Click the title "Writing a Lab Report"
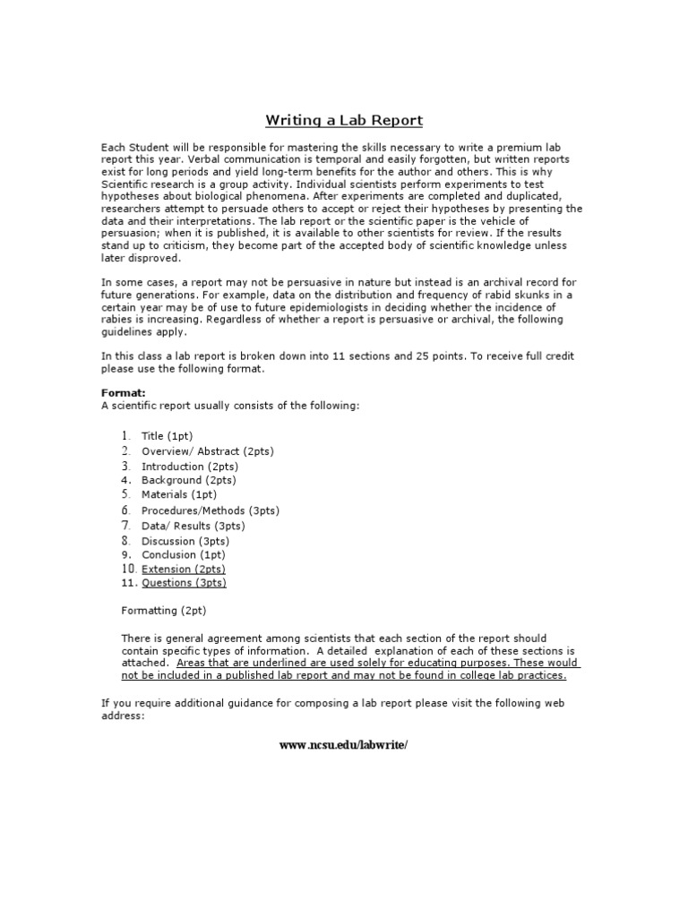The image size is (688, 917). pos(343,120)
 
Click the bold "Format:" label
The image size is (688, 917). pos(123,392)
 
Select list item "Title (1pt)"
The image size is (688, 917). pos(167,436)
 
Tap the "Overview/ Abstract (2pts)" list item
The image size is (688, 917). pos(207,451)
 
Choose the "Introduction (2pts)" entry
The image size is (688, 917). pos(190,467)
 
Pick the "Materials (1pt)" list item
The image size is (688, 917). pos(179,494)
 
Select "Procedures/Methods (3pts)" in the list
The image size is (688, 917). pos(210,510)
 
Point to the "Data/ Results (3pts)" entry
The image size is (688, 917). pos(193,526)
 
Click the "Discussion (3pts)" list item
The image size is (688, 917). pos(185,541)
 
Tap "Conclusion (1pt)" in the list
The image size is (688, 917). pos(183,554)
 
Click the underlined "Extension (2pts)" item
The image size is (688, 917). pos(184,569)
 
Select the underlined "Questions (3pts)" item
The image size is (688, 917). pos(184,583)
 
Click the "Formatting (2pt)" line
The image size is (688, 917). pos(163,611)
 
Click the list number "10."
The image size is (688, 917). pos(128,569)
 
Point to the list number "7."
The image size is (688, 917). pos(126,526)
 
